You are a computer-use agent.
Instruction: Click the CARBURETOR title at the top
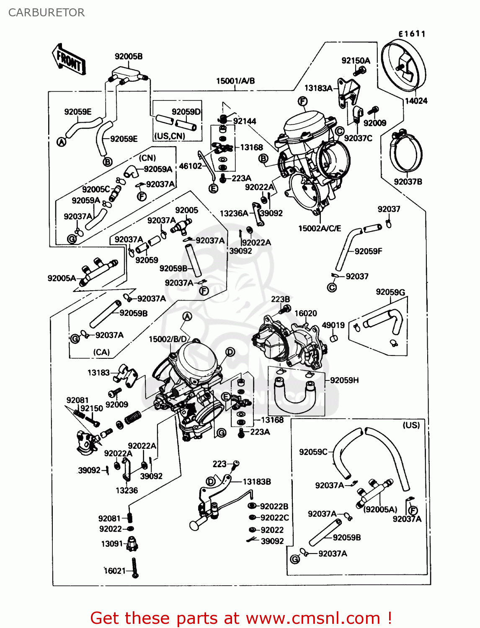click(46, 13)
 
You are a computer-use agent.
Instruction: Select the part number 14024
click(416, 100)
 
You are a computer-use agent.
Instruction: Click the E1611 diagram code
click(411, 34)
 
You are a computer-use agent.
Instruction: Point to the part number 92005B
click(129, 57)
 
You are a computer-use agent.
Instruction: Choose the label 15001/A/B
click(235, 81)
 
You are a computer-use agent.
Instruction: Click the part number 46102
click(190, 166)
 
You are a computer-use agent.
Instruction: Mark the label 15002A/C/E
click(320, 228)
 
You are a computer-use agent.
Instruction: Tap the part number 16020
click(305, 313)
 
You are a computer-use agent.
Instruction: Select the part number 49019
click(333, 325)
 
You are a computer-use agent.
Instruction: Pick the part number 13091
click(112, 543)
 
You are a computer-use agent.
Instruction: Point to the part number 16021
click(114, 570)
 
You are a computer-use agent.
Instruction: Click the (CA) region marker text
click(101, 352)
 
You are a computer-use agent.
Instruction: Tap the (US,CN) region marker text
click(170, 136)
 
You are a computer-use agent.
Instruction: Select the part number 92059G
click(390, 292)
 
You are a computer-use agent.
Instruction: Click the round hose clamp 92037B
click(406, 153)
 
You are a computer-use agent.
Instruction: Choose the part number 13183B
click(257, 481)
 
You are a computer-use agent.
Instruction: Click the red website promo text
click(241, 618)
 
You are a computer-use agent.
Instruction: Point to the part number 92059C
click(313, 452)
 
